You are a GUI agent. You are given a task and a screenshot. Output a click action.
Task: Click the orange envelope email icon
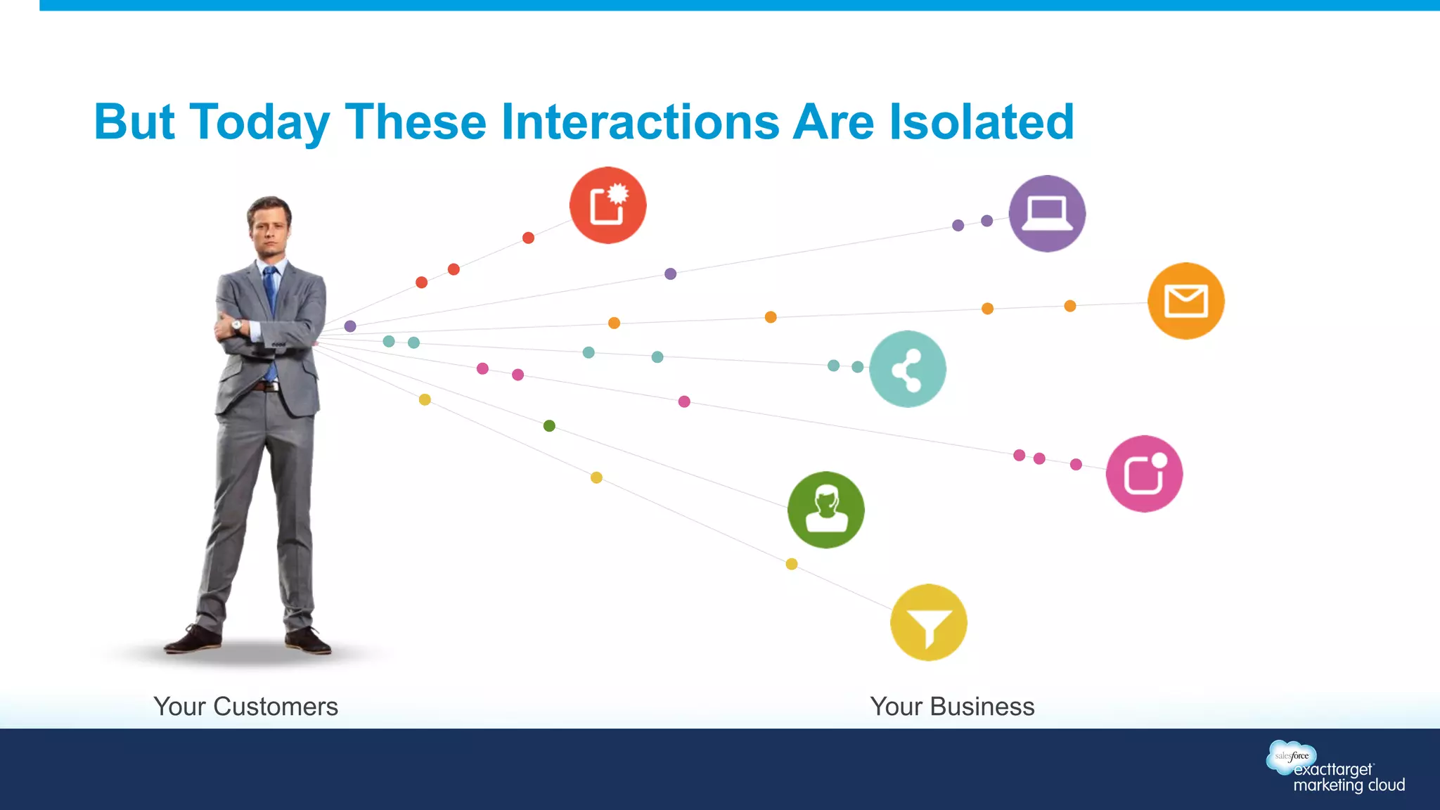(x=1185, y=301)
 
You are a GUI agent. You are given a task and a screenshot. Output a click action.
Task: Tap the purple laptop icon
(x=1047, y=214)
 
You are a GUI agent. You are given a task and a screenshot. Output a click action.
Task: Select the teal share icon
(x=907, y=369)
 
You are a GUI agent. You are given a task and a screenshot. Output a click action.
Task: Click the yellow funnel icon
(x=928, y=623)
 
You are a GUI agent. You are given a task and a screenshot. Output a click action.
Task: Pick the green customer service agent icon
(x=825, y=510)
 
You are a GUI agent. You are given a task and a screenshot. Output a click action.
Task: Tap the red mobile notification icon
(x=607, y=205)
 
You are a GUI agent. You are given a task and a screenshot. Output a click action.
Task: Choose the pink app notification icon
(x=1144, y=474)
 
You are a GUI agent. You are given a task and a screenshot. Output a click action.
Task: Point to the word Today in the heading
(x=259, y=122)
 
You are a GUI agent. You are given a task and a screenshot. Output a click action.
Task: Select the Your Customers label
(x=245, y=707)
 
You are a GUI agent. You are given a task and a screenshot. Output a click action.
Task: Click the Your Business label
(x=952, y=707)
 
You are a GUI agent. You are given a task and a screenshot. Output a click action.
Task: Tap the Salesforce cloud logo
(x=1291, y=756)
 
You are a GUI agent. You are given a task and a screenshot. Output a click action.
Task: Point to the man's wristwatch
(x=237, y=325)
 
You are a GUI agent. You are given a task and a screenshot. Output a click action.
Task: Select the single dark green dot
(x=549, y=425)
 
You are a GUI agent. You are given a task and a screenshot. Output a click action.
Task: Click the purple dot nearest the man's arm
(x=350, y=326)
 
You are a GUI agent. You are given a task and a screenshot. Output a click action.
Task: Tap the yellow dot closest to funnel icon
(x=791, y=564)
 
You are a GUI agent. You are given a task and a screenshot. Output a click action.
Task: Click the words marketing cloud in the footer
(x=1349, y=785)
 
